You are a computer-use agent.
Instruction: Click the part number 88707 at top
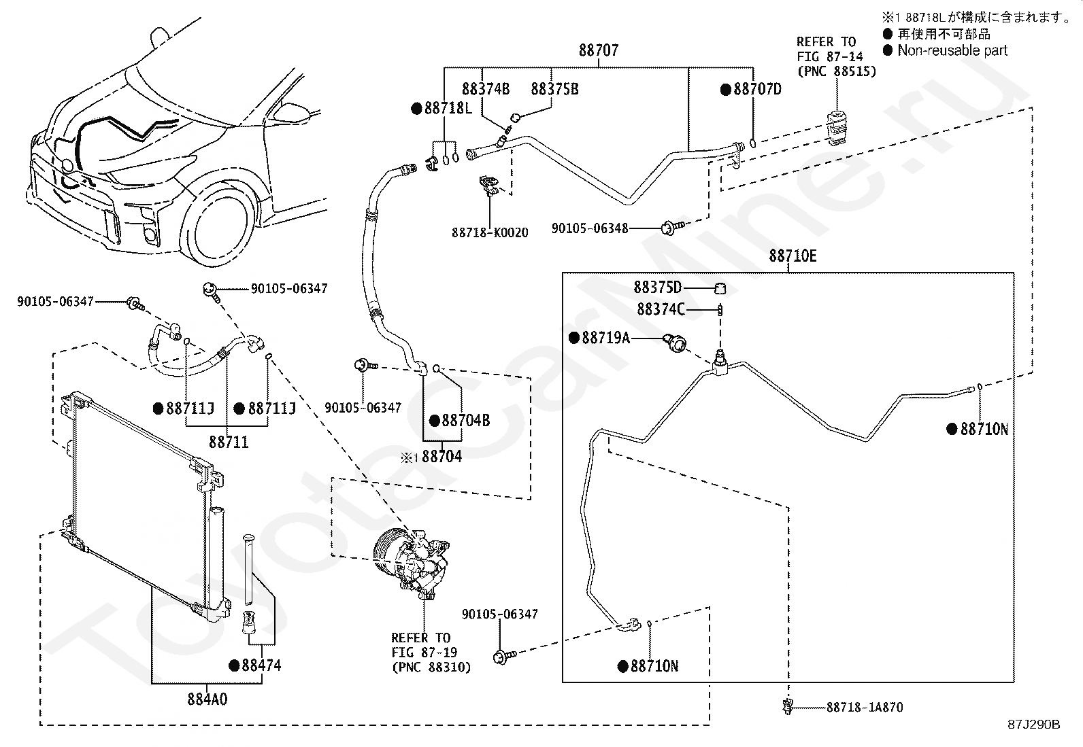(599, 50)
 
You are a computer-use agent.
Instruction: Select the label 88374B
(486, 89)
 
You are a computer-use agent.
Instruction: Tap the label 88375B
(554, 89)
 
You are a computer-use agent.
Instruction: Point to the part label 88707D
(757, 89)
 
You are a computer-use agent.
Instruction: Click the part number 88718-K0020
(490, 232)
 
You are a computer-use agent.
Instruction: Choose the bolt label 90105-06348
(590, 228)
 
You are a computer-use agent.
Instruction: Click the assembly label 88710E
(793, 256)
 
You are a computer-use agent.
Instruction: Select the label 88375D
(658, 288)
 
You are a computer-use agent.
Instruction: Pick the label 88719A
(605, 337)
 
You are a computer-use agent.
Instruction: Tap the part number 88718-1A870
(865, 707)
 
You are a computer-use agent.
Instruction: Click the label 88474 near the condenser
(261, 665)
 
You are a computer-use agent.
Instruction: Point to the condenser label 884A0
(207, 698)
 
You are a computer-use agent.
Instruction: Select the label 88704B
(465, 421)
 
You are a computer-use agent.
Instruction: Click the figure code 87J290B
(1034, 725)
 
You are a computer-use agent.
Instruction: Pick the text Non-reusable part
(952, 50)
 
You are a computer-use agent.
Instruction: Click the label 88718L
(448, 108)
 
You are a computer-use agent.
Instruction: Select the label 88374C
(661, 309)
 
